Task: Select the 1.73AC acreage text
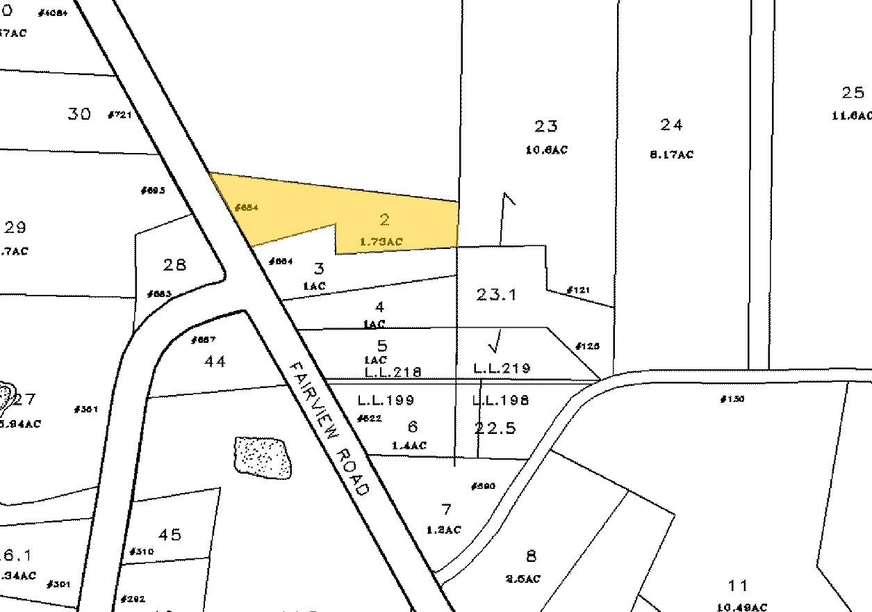(x=381, y=241)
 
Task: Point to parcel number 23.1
(x=496, y=295)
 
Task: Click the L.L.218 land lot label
(x=393, y=371)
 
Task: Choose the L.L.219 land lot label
(x=502, y=368)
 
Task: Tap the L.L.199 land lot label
(x=386, y=400)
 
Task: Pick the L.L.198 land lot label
(x=500, y=400)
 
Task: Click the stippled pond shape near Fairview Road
(x=263, y=457)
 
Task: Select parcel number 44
(x=215, y=362)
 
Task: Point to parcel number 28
(x=175, y=265)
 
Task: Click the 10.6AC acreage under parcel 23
(x=546, y=150)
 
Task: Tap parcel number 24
(x=671, y=125)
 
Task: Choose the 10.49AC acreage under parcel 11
(x=738, y=607)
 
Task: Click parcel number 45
(x=170, y=535)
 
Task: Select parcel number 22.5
(x=495, y=428)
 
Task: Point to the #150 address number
(x=732, y=399)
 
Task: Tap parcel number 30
(x=79, y=114)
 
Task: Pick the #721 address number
(x=120, y=115)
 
